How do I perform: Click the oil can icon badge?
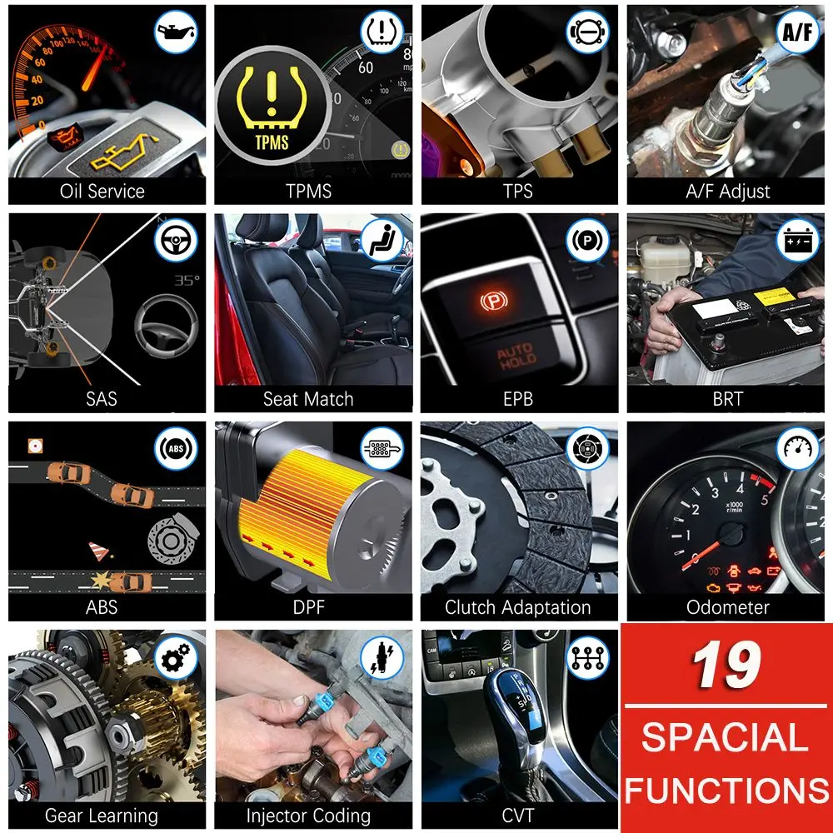tap(176, 32)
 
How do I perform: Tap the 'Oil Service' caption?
tap(102, 192)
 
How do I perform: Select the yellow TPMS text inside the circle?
tap(272, 142)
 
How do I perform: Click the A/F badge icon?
tap(797, 32)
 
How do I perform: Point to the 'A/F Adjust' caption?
tap(728, 192)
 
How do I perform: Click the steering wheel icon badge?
tap(176, 240)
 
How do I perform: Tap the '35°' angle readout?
tap(187, 280)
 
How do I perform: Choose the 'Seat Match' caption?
tap(308, 399)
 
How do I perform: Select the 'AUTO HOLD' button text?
tap(516, 357)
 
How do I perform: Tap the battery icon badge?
tap(797, 240)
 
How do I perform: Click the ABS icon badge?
tap(176, 448)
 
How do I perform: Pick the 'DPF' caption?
tap(309, 607)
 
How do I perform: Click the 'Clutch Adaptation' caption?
tap(518, 607)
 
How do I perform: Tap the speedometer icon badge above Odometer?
tap(797, 448)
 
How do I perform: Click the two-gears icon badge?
tap(176, 657)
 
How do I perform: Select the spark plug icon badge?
tap(382, 657)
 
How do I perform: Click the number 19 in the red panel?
tap(726, 664)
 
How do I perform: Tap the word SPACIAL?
tap(725, 737)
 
